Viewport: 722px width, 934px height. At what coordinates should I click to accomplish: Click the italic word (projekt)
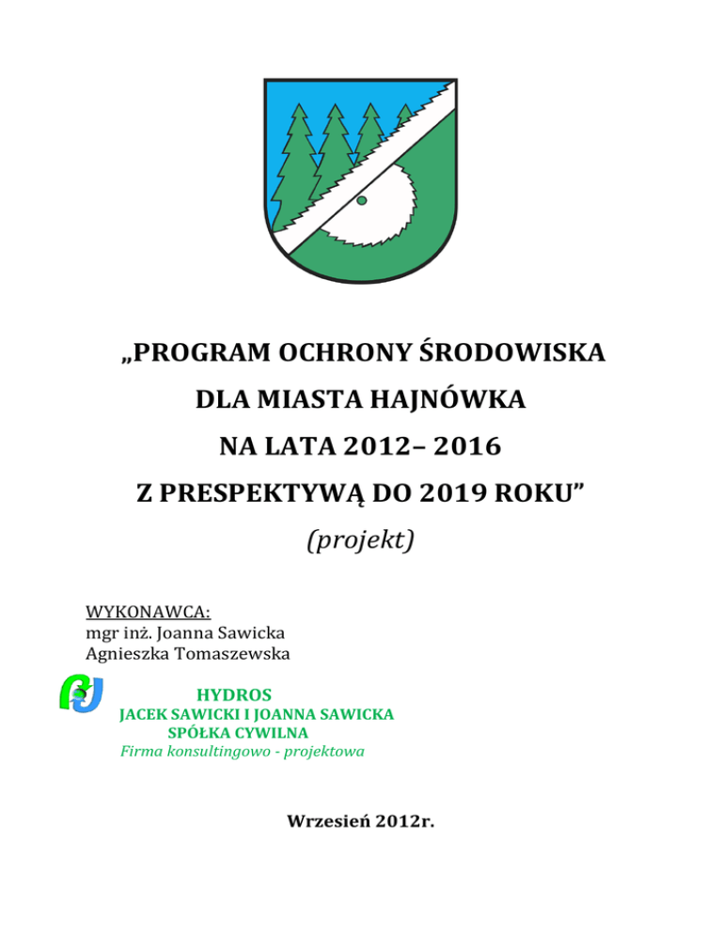tap(361, 541)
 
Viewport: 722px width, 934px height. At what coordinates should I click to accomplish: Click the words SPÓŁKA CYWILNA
tap(238, 732)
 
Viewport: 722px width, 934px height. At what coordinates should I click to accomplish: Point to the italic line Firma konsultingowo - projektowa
tap(243, 751)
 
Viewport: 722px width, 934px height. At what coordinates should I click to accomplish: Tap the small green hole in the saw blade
tap(361, 200)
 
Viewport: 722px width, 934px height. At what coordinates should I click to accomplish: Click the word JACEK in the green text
tap(144, 714)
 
